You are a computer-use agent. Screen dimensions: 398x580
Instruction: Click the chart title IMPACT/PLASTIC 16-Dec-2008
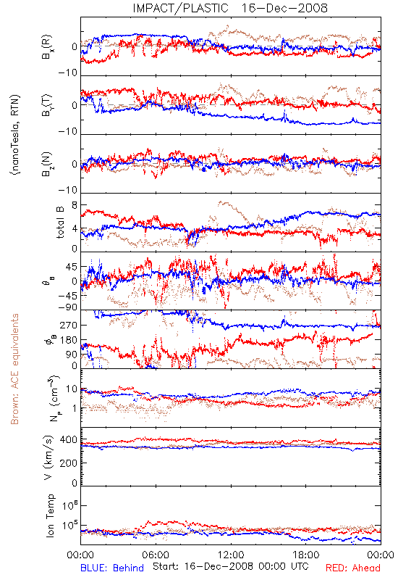pos(229,8)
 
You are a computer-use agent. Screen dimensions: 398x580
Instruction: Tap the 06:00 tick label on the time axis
pos(156,555)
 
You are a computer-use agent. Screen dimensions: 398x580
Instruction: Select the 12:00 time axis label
pos(231,555)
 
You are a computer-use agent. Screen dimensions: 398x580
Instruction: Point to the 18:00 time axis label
pos(306,555)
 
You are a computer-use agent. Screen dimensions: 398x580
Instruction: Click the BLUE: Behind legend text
pos(112,568)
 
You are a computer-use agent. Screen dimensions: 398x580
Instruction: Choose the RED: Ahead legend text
pos(352,568)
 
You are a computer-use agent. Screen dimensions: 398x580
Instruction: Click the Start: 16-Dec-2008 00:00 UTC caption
pos(230,566)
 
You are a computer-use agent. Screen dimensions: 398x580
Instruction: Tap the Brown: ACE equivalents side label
pos(14,369)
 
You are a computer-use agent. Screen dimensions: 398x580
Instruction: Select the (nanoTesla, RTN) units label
pos(15,135)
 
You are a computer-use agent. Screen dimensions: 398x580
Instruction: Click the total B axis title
pos(59,223)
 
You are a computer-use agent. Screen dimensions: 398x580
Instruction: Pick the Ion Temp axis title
pos(50,515)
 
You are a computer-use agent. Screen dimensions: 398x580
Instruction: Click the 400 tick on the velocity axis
pos(69,440)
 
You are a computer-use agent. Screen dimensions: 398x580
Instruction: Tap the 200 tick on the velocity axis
pos(69,463)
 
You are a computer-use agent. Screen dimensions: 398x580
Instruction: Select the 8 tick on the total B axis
pos(75,205)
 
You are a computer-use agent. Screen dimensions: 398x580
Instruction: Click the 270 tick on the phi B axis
pos(69,325)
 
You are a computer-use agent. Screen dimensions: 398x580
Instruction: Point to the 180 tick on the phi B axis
pos(69,340)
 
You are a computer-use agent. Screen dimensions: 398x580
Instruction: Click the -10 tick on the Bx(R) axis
pos(67,72)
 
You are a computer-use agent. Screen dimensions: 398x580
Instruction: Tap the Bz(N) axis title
pos(48,164)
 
